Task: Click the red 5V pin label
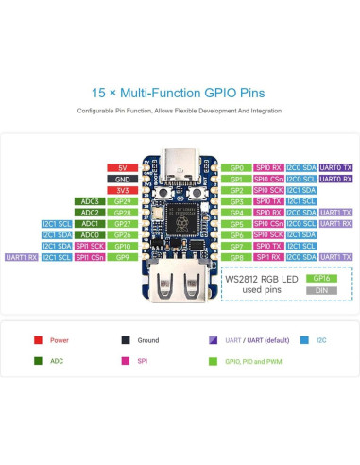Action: point(122,167)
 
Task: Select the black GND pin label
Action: point(122,179)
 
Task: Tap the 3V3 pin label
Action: point(122,190)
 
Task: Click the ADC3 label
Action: point(90,201)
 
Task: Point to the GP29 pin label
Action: point(122,201)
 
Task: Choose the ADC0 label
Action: point(90,234)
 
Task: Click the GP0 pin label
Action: point(236,167)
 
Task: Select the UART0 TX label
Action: point(336,167)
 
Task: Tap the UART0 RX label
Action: point(336,179)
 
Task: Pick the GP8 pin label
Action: point(236,257)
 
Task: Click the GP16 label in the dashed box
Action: point(320,279)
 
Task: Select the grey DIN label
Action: point(320,290)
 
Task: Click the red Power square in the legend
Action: point(38,339)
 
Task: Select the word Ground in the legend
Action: point(149,339)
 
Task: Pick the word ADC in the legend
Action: point(56,360)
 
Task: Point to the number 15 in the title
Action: point(97,93)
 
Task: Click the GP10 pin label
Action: point(122,246)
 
